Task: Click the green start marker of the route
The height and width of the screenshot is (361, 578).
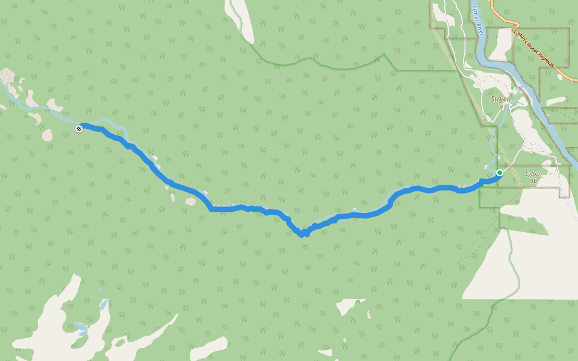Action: point(499,173)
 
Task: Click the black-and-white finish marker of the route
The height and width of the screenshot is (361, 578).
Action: point(79,128)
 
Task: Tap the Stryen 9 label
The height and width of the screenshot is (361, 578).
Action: point(501,102)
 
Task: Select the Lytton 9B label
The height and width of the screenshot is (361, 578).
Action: point(533,176)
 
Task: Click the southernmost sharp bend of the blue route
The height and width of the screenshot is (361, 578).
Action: point(302,234)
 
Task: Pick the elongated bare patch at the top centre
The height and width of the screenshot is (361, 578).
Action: point(238,18)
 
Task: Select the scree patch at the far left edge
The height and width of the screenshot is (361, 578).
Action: point(7,76)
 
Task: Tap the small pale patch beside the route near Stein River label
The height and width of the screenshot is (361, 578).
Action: point(190,202)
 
